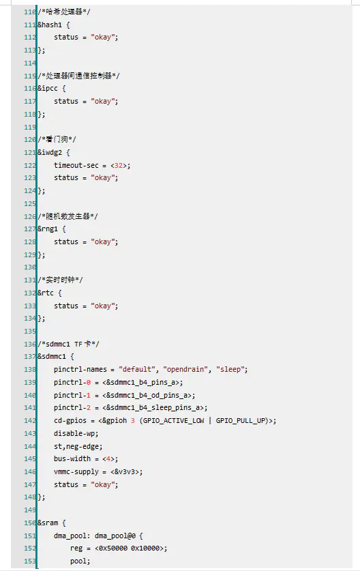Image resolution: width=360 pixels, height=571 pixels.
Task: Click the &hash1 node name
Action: coord(50,25)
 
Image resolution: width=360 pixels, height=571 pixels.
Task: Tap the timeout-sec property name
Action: coord(76,165)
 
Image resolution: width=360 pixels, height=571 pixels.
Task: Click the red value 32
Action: coord(119,165)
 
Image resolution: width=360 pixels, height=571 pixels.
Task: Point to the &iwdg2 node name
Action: coord(50,153)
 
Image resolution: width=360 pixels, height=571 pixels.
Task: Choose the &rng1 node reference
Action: coord(47,229)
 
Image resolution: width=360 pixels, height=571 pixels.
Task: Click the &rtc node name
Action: coord(46,293)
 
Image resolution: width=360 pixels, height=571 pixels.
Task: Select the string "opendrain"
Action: coord(185,369)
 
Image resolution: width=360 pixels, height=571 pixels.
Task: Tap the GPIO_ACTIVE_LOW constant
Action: coord(174,421)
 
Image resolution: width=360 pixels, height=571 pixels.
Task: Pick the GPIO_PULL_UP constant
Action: coord(240,421)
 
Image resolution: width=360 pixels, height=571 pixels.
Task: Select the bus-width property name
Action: coord(72,459)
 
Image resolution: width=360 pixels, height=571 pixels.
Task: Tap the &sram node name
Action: coord(47,523)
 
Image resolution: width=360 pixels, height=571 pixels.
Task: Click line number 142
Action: coord(30,421)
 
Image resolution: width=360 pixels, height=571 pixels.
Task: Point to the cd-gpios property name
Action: coord(70,421)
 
